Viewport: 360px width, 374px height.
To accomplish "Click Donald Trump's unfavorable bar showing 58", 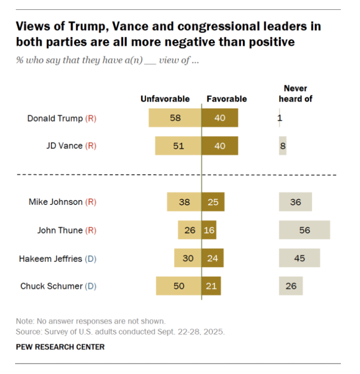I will point(175,118).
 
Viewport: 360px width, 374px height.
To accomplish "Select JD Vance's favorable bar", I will point(220,146).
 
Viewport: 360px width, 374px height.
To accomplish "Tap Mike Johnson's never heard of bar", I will point(295,202).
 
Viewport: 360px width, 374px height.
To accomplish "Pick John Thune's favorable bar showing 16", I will point(209,230).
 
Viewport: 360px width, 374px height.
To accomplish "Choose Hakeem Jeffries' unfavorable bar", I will point(188,258).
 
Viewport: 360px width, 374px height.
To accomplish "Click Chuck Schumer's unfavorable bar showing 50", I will point(178,286).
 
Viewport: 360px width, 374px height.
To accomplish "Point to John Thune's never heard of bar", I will point(304,230).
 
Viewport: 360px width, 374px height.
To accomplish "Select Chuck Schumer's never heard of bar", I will point(290,286).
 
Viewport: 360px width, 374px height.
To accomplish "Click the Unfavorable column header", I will point(165,99).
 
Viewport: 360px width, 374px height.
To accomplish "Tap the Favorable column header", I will point(227,99).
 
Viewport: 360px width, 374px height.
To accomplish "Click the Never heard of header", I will point(295,94).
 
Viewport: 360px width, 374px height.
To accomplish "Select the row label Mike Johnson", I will point(55,202).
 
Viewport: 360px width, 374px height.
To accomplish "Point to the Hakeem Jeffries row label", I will point(50,258).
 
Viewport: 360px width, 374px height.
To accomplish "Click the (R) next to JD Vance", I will point(91,146).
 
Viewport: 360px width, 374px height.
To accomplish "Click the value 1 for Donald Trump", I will point(280,118).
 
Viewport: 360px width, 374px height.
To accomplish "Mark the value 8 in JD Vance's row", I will point(282,146).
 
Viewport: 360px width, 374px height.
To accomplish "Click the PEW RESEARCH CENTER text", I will point(60,347).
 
